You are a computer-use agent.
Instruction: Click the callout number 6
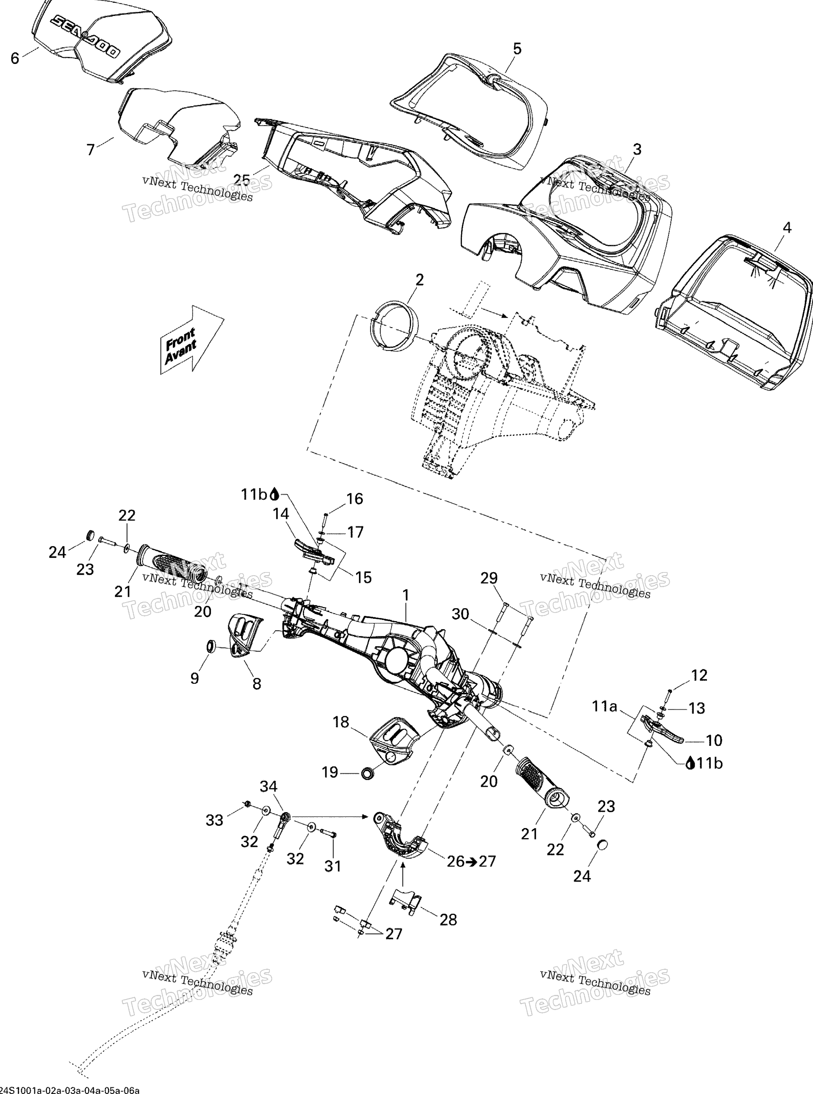(x=15, y=59)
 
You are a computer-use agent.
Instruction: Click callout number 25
(x=242, y=180)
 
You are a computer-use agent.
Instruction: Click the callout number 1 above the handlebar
(x=406, y=596)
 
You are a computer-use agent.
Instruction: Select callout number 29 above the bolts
(x=489, y=578)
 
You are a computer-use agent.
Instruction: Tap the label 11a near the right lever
(x=604, y=707)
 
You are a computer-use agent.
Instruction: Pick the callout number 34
(x=269, y=786)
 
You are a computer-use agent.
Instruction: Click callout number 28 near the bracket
(x=448, y=919)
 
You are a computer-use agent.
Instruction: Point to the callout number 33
(x=215, y=820)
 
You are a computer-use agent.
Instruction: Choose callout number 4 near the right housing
(x=787, y=228)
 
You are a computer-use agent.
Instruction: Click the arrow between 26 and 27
(x=471, y=861)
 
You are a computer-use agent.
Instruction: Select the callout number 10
(x=714, y=740)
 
